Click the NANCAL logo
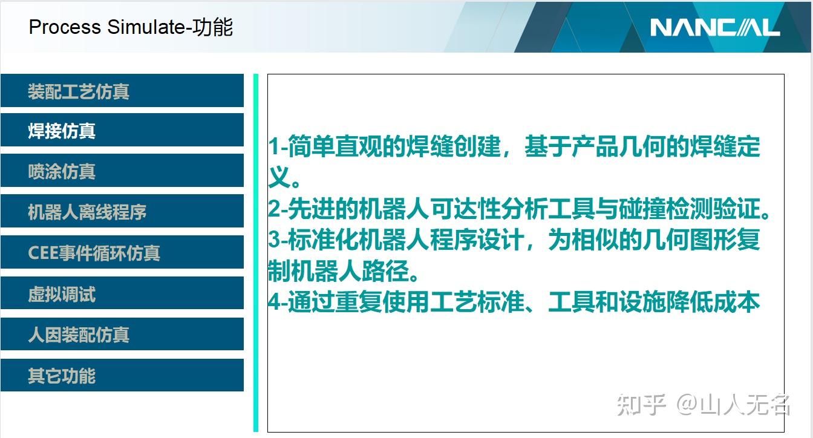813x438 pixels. (x=715, y=27)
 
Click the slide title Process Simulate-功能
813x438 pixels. (x=131, y=27)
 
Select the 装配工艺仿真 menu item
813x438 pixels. (x=122, y=91)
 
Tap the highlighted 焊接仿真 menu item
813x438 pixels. (x=122, y=131)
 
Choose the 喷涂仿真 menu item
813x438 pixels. (x=122, y=171)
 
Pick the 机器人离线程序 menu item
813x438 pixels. (x=122, y=212)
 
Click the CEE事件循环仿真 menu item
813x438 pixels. (x=122, y=252)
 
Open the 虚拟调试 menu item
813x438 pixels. (x=122, y=294)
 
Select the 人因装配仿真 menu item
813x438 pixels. (x=122, y=335)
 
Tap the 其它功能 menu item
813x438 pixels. (x=122, y=376)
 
